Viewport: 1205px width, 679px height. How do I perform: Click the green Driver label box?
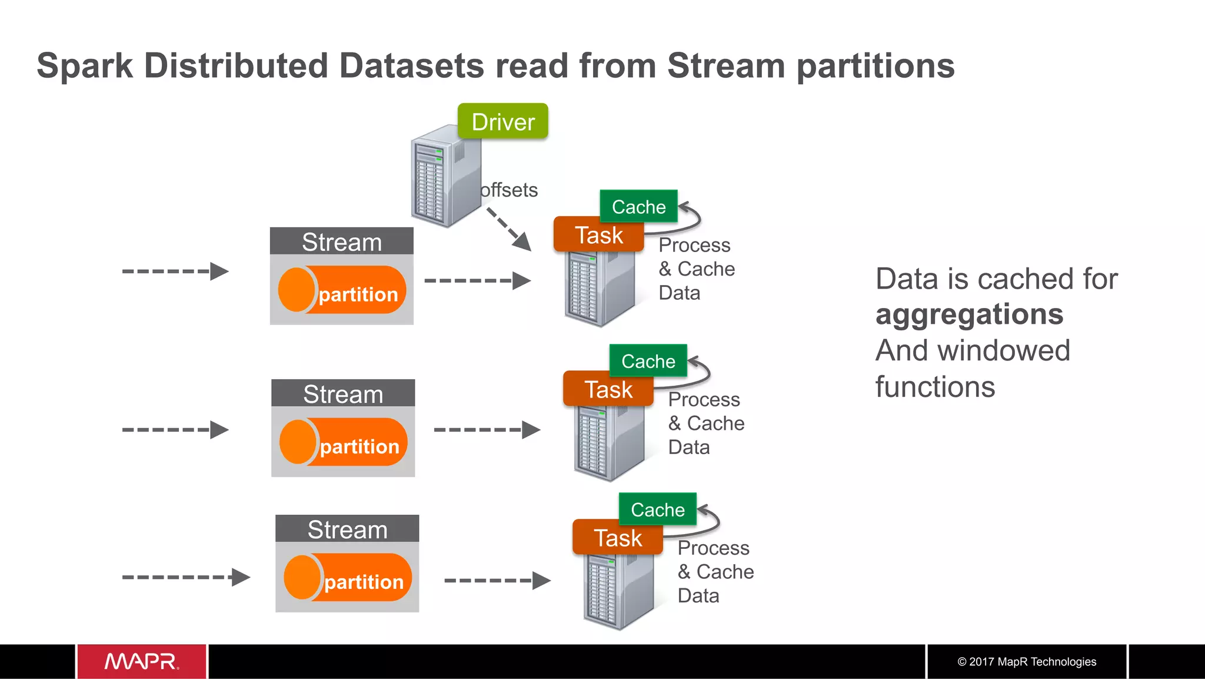pos(502,121)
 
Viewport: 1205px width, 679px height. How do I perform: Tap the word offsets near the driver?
pos(509,190)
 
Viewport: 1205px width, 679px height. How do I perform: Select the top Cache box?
pos(638,207)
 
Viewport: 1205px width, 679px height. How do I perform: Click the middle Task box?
pos(608,389)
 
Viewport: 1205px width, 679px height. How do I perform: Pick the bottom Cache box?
pos(657,509)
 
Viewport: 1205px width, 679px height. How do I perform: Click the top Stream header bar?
pos(341,241)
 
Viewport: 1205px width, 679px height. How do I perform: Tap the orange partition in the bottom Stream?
pos(348,577)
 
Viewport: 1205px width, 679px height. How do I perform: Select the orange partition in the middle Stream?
pos(344,442)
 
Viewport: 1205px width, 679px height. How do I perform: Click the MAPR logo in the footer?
pos(142,661)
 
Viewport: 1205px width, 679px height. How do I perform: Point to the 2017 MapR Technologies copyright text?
pos(1027,661)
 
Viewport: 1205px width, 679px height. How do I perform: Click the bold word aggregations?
pos(969,314)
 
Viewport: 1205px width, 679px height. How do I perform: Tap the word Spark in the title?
pos(85,65)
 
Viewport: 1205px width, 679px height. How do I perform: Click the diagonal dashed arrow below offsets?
pos(508,229)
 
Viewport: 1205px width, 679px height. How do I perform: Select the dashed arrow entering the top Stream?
pos(175,271)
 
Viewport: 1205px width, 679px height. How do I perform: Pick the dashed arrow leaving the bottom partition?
pos(497,581)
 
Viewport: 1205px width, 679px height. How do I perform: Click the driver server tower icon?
pos(444,177)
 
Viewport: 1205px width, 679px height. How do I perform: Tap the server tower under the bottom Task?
pos(618,589)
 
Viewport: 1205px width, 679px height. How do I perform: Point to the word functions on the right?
pos(935,387)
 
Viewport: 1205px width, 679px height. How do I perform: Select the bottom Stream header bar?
pos(347,529)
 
